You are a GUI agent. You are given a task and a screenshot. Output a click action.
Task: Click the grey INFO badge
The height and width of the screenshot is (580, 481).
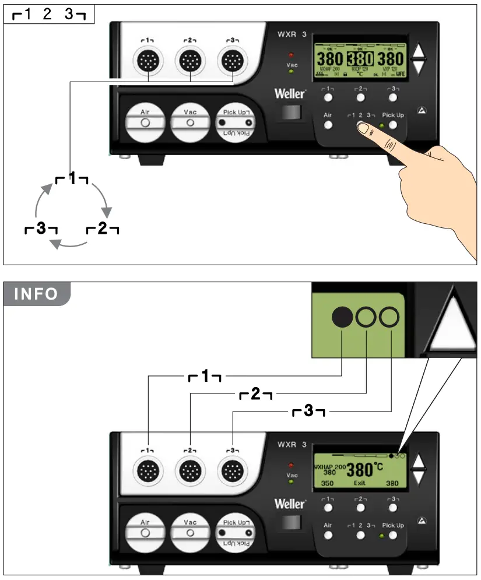(36, 294)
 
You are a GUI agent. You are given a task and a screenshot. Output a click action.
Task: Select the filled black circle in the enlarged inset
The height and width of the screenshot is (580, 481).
(342, 317)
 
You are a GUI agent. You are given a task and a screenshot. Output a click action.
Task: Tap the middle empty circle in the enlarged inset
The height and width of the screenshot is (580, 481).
(366, 317)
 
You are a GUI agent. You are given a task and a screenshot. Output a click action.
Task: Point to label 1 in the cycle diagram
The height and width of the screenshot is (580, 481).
(72, 179)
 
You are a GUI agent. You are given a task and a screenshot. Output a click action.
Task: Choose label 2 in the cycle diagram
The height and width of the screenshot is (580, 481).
(103, 229)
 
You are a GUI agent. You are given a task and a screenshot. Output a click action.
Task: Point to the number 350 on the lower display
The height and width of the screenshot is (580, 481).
(327, 483)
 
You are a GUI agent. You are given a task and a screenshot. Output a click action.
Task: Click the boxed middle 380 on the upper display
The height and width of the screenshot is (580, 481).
(360, 59)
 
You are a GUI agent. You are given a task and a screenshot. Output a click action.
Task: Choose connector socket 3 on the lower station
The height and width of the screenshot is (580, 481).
(232, 468)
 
